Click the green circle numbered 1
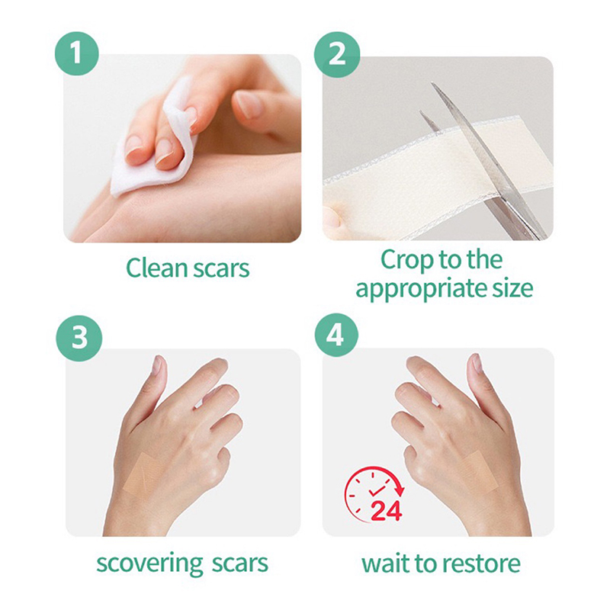[77, 53]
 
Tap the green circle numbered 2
[337, 54]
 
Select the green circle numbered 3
[79, 338]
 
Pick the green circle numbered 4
[335, 335]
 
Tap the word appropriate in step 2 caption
[422, 289]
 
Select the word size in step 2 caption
[512, 288]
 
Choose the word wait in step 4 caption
[386, 563]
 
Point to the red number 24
[386, 510]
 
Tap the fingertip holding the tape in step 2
[332, 217]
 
